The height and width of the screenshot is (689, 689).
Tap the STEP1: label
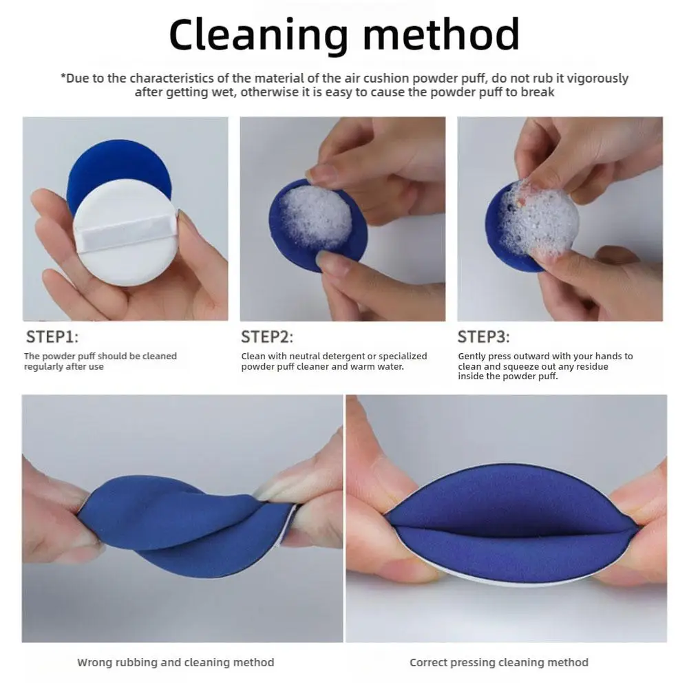pos(52,337)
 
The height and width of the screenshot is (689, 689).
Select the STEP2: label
pos(267,337)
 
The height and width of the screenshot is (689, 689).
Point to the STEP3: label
pos(484,337)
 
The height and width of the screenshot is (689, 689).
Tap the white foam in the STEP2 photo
pos(317,218)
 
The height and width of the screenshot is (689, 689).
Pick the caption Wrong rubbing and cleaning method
pos(176,663)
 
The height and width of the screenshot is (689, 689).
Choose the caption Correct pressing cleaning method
pos(499,663)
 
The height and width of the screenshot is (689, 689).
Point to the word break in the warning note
pos(539,92)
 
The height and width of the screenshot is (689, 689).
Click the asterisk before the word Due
pos(63,77)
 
